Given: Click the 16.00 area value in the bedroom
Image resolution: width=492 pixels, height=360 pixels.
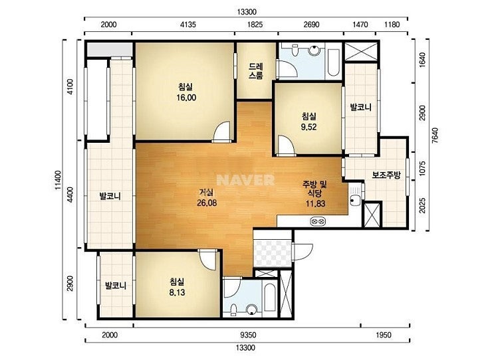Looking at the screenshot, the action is tap(186, 98).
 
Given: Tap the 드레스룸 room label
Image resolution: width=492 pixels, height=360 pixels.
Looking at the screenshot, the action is tap(256, 71).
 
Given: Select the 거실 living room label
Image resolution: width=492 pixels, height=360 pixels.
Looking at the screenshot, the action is tap(207, 192).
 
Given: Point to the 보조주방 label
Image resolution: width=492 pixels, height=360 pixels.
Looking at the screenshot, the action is tap(386, 175).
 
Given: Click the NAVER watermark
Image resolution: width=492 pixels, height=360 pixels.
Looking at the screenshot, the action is tap(246, 180).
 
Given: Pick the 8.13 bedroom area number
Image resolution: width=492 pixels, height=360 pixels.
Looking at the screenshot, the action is tap(177, 292).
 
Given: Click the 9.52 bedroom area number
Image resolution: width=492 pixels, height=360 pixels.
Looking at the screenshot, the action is tap(308, 127).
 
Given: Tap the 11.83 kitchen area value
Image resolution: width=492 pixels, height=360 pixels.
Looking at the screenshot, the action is tap(316, 203).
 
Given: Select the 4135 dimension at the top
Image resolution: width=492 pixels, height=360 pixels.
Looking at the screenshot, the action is tap(188, 25).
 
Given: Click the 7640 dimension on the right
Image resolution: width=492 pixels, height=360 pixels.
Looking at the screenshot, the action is tap(435, 135).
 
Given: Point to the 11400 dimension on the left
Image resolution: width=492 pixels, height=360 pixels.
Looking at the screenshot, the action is tap(59, 180).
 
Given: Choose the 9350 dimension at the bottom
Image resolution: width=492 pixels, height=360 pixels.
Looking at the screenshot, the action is tap(248, 335).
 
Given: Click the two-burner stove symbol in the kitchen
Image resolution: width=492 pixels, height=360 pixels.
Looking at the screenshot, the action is tap(318, 222).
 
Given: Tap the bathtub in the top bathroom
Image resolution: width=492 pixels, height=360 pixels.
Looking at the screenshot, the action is tap(333, 62).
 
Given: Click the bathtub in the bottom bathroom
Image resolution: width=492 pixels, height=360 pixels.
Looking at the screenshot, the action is tap(270, 298).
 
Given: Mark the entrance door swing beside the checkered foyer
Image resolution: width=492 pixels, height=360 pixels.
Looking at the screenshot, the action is tap(303, 252).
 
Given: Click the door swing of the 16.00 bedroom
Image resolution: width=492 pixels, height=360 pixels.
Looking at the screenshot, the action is tap(223, 132).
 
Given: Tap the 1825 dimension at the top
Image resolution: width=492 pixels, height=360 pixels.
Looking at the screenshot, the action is tap(255, 25).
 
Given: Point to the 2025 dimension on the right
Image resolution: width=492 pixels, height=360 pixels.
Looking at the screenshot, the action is tap(422, 205).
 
